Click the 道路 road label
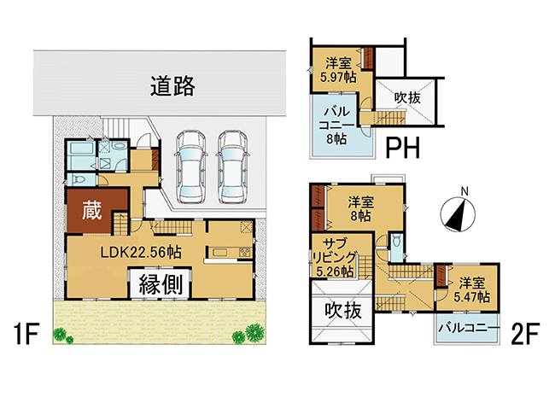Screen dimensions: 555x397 coord(172,86)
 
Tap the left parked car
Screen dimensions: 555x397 coord(190,167)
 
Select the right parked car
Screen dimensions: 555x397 coord(232,167)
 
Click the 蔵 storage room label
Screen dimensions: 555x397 coord(91,211)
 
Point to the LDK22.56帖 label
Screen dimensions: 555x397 coord(141,252)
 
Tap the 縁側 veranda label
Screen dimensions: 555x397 coord(161,284)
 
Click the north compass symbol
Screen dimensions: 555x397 coord(458,213)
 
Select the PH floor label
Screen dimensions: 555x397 coord(402,148)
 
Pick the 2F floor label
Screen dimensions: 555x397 coord(524,333)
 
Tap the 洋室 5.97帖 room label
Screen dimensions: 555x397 coord(338,70)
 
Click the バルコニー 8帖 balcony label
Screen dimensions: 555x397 coord(336,126)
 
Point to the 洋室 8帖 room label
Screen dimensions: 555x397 coord(360,209)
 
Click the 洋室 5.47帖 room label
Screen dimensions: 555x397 coord(472,290)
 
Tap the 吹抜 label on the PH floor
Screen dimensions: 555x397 coord(408,97)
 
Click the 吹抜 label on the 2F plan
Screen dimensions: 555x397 coord(343,311)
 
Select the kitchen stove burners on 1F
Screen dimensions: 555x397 coord(245,252)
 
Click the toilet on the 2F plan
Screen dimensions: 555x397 coord(398,242)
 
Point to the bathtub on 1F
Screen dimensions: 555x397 coord(81,156)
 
